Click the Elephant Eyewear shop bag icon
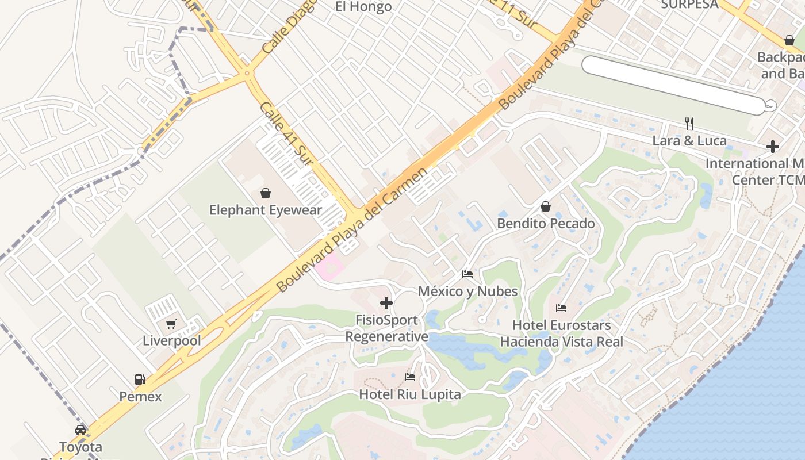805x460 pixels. [x=266, y=193]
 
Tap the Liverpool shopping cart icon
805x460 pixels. [x=171, y=324]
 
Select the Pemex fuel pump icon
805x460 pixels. [x=140, y=379]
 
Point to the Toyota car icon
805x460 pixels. [x=80, y=430]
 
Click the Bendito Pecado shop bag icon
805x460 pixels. [x=545, y=206]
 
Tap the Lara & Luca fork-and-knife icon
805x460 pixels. [x=689, y=123]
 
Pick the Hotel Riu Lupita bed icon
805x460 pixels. [x=410, y=377]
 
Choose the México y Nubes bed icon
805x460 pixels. [x=467, y=274]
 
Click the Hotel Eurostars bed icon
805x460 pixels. [x=561, y=308]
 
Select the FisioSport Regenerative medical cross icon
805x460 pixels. [x=386, y=303]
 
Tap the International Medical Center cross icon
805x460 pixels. [x=773, y=147]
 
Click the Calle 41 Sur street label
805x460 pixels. [x=285, y=133]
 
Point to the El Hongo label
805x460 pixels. [x=363, y=7]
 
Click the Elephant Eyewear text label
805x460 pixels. [x=266, y=210]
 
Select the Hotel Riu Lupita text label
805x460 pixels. [x=410, y=394]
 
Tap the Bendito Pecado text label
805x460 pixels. [x=546, y=223]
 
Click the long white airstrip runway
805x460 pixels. [x=673, y=85]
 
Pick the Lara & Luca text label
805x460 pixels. [x=689, y=140]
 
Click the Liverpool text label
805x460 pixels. [x=172, y=340]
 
